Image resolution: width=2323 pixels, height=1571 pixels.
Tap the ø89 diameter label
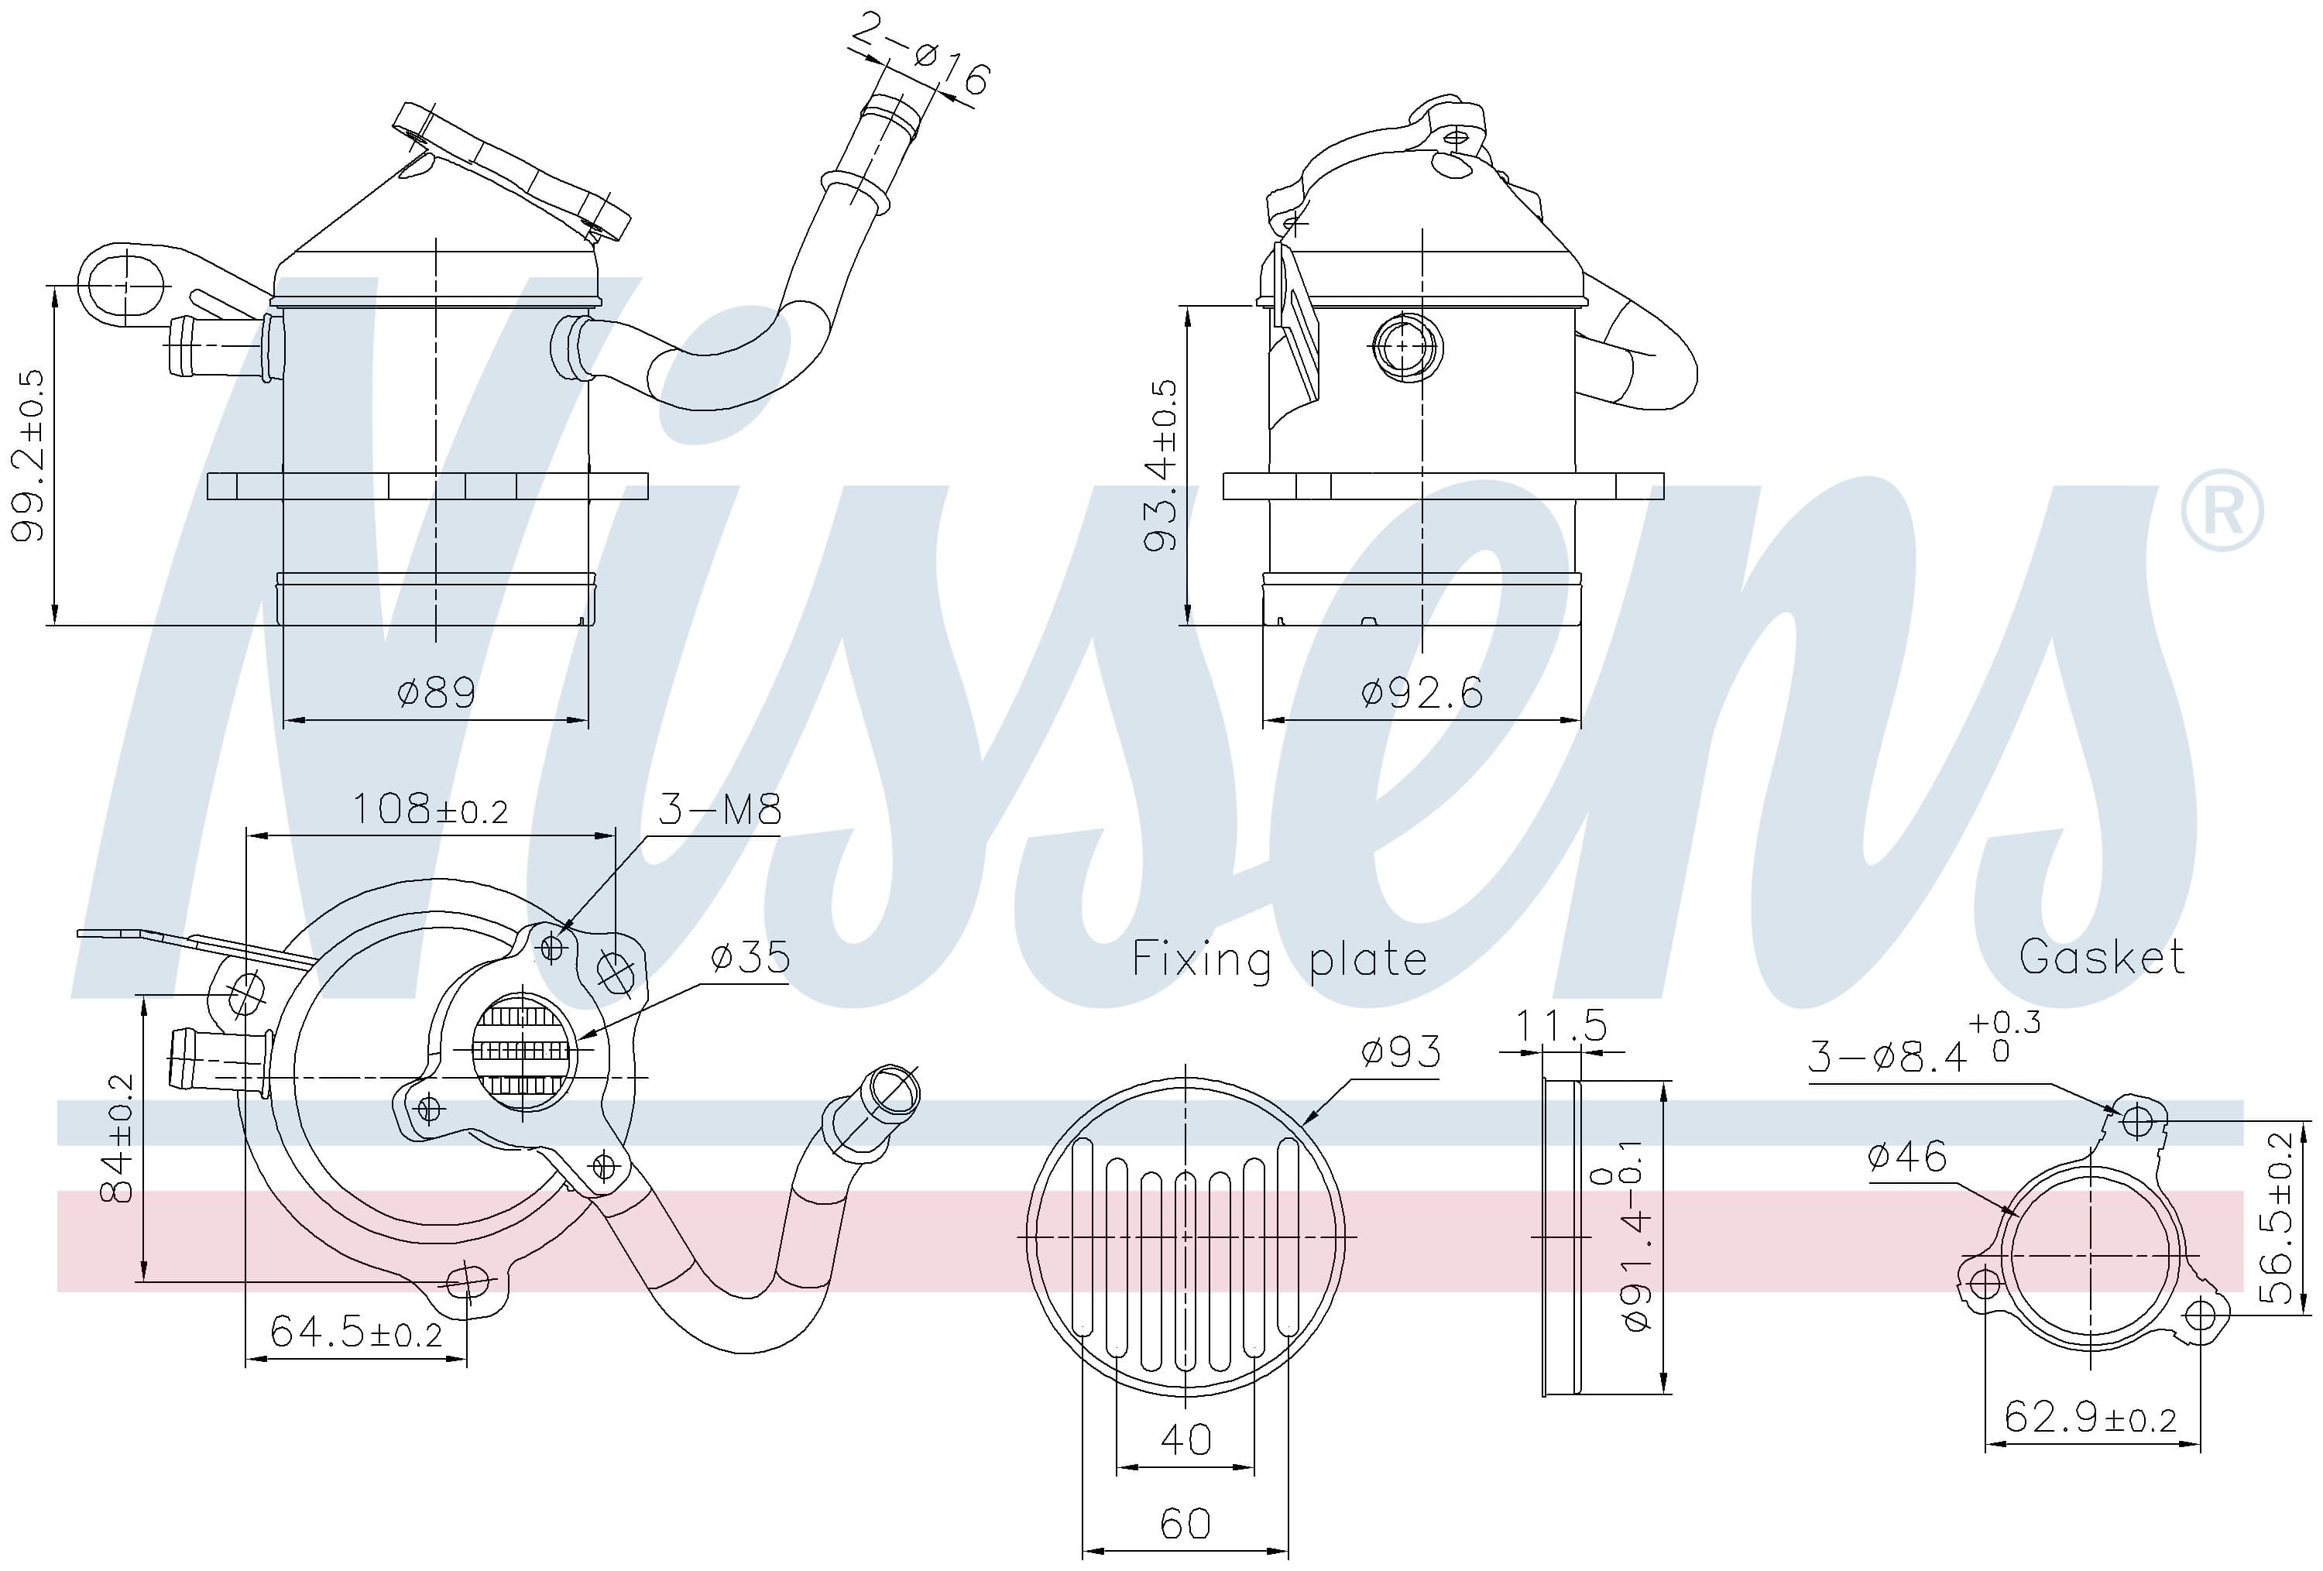pos(437,692)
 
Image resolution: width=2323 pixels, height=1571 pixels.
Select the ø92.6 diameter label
pos(1422,692)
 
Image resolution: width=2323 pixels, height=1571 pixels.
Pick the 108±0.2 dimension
pos(430,809)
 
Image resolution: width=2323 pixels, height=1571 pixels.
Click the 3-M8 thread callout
pos(719,809)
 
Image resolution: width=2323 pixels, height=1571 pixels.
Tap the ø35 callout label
pos(750,958)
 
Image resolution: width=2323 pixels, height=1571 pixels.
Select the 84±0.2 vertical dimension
pos(118,1138)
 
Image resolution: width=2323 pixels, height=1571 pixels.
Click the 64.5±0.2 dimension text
pos(356,1333)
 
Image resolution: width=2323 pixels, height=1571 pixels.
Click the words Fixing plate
pos(1279,959)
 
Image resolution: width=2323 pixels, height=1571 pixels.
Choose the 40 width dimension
pos(1186,1439)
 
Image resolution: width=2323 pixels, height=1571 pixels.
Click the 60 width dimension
pos(1186,1523)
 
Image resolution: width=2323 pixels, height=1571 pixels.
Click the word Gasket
pos(2101,958)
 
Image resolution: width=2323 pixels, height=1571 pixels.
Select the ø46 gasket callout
pos(1907,1158)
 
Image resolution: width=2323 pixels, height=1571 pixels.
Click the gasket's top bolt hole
pos(2136,1121)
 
